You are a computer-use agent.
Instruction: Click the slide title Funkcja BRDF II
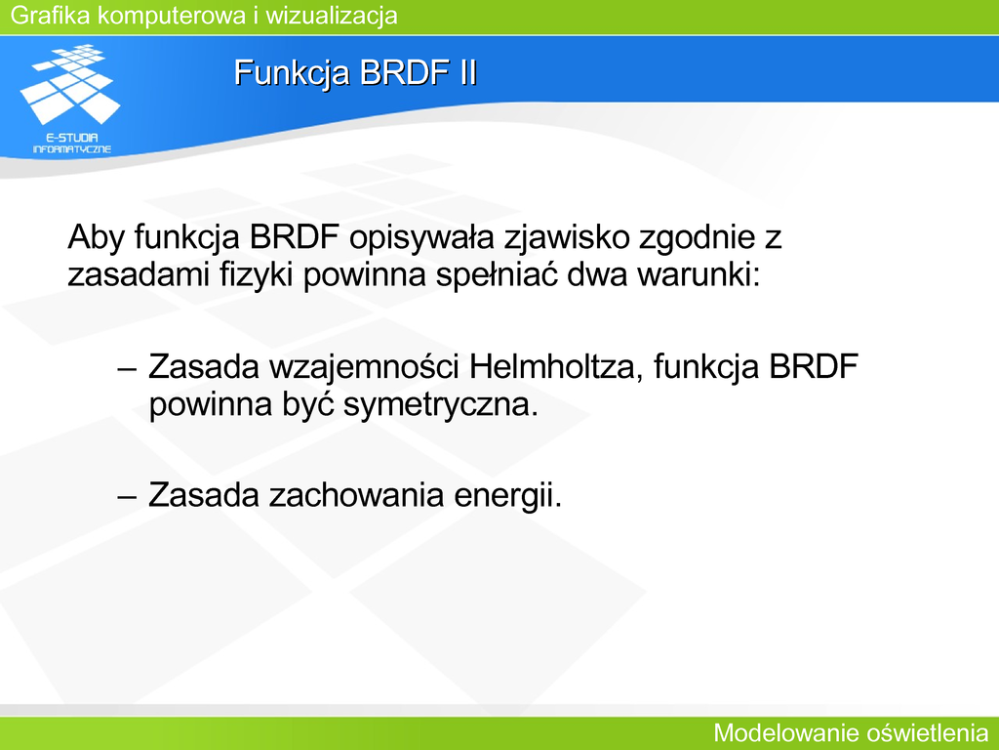(355, 72)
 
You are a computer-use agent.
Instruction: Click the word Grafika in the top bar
(51, 15)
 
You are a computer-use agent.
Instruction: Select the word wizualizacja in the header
(332, 15)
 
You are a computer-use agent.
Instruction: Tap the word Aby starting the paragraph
(97, 237)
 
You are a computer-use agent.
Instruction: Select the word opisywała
(421, 238)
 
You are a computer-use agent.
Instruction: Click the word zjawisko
(567, 238)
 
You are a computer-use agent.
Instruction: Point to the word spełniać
(497, 274)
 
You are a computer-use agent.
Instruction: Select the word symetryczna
(441, 404)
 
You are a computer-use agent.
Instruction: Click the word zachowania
(356, 495)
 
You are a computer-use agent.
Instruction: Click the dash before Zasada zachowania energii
(128, 496)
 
